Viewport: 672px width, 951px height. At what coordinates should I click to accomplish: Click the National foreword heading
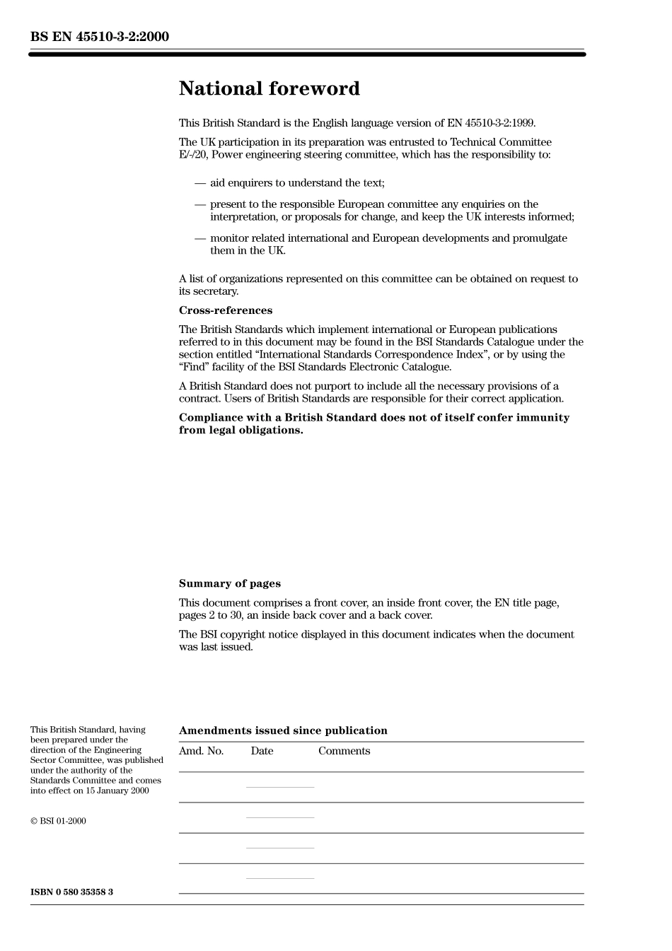tap(269, 89)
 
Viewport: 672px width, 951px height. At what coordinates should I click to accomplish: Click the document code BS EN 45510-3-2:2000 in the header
tap(100, 37)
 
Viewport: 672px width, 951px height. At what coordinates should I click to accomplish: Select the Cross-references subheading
tap(225, 310)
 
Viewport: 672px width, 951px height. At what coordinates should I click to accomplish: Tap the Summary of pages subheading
tap(229, 583)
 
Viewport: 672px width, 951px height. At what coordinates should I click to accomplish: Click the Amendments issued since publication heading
tap(283, 730)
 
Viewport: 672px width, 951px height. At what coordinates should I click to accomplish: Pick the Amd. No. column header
tap(201, 751)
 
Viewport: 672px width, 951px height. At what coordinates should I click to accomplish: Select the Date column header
tap(262, 751)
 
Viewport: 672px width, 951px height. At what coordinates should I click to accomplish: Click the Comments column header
tap(344, 751)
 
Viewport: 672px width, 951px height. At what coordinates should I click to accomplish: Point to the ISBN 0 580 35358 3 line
tap(71, 892)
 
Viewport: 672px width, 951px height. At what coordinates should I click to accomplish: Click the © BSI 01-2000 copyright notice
tap(58, 821)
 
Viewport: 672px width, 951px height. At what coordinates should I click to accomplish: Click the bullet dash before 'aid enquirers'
tap(200, 183)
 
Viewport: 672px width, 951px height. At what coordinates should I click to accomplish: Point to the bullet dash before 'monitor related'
tap(200, 238)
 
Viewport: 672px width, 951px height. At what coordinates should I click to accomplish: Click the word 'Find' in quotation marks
tap(195, 367)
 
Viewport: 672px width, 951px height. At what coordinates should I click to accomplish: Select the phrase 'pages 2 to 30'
tap(209, 615)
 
